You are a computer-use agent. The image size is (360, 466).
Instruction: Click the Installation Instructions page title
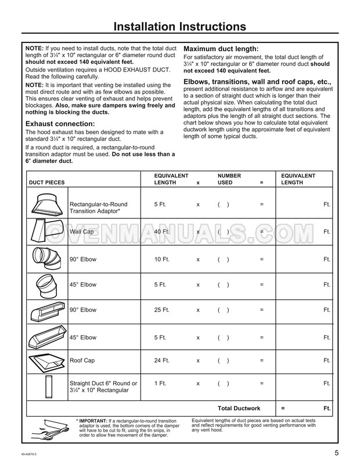click(x=179, y=27)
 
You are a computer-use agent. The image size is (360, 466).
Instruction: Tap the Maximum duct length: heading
click(x=221, y=49)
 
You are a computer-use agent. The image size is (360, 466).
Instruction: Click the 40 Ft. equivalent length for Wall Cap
click(x=163, y=231)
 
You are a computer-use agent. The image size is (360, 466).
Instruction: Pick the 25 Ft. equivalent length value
click(x=163, y=310)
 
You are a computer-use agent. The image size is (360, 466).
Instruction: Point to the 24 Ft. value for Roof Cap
click(x=163, y=360)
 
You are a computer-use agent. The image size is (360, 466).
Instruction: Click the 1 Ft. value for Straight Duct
click(x=160, y=383)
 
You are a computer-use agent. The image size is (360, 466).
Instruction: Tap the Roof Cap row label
click(x=82, y=360)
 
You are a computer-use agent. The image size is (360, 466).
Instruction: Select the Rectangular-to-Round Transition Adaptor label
click(x=98, y=208)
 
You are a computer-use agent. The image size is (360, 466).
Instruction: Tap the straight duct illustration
click(x=46, y=386)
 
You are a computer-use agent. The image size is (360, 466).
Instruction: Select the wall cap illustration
click(x=46, y=231)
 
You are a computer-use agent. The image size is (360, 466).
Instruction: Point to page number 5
click(x=337, y=453)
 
